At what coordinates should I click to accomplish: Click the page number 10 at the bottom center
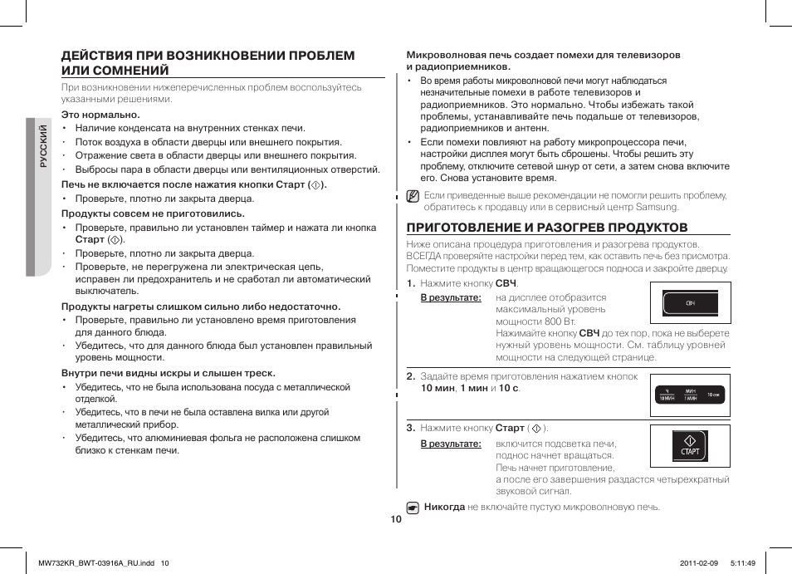coord(396,519)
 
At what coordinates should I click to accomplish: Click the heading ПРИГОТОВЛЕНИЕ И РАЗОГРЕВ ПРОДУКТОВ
coord(546,227)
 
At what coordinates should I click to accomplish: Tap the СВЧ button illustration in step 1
coord(690,304)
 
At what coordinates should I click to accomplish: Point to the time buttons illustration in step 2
coord(690,395)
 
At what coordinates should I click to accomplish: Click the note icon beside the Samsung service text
coord(413,197)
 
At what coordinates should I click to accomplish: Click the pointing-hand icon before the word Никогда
coord(413,506)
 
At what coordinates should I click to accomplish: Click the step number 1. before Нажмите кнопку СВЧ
coord(411,283)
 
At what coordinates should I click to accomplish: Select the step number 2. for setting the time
coord(411,376)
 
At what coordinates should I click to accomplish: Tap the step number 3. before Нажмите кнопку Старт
coord(411,428)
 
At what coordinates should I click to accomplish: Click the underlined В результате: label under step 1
coord(451,297)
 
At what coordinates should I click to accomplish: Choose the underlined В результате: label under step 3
coord(451,444)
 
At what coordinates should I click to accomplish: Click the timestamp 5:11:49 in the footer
coord(744,562)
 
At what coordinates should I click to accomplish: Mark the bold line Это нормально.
coord(100,115)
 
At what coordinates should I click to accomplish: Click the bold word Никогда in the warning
coord(444,506)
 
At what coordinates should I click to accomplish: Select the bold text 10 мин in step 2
coord(438,388)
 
